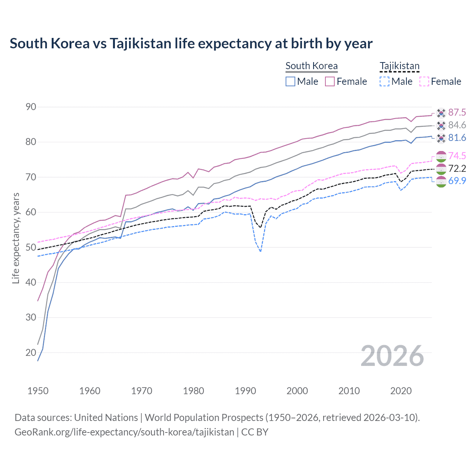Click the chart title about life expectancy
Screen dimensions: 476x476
(191, 44)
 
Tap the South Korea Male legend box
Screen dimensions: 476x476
(290, 81)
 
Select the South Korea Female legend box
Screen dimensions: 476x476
(330, 81)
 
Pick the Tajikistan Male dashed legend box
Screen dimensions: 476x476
(385, 81)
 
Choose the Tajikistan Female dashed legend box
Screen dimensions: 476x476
(424, 81)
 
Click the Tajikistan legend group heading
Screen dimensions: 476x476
(399, 66)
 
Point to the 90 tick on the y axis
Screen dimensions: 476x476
(31, 107)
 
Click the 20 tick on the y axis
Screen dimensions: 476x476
(31, 353)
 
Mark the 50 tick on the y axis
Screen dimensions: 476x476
(31, 247)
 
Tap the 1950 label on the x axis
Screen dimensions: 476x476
(38, 391)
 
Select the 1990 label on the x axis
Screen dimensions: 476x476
(245, 391)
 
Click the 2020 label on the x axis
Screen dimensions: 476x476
(401, 391)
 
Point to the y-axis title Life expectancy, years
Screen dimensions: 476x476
(16, 238)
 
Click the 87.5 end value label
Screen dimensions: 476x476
(457, 112)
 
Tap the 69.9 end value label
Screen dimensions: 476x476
(457, 181)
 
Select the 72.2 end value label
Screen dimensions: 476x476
(457, 168)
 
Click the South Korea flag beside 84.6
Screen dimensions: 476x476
(441, 125)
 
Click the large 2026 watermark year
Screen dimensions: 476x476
(392, 356)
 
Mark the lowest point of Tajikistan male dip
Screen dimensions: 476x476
(260, 252)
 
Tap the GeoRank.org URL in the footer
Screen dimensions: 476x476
(124, 432)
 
